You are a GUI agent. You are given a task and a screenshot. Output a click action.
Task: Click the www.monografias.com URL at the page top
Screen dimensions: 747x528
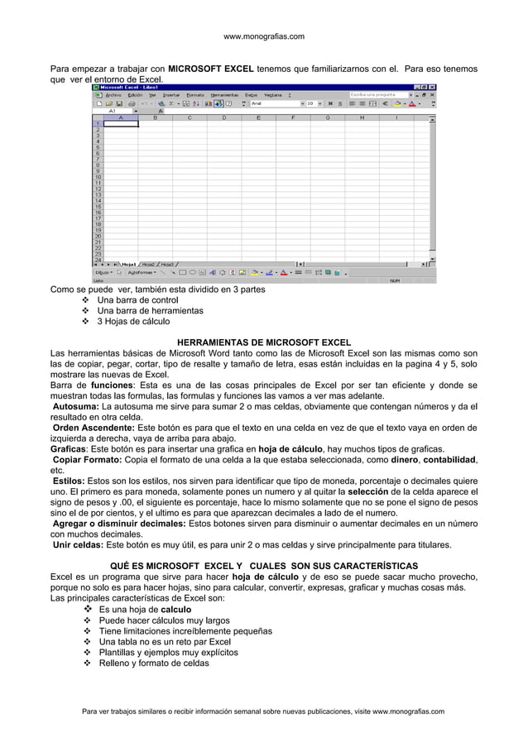point(264,36)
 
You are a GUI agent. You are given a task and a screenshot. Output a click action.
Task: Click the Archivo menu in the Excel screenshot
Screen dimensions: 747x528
point(113,94)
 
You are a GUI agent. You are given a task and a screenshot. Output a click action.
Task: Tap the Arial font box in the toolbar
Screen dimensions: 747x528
point(273,103)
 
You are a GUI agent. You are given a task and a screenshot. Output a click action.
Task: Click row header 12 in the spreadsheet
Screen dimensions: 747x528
point(97,188)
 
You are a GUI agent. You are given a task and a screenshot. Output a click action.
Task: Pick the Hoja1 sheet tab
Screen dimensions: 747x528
point(128,264)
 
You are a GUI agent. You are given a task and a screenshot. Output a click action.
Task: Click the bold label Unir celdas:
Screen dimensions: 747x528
point(79,545)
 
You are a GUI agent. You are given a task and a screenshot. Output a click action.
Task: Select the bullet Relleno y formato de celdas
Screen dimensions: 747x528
point(154,663)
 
